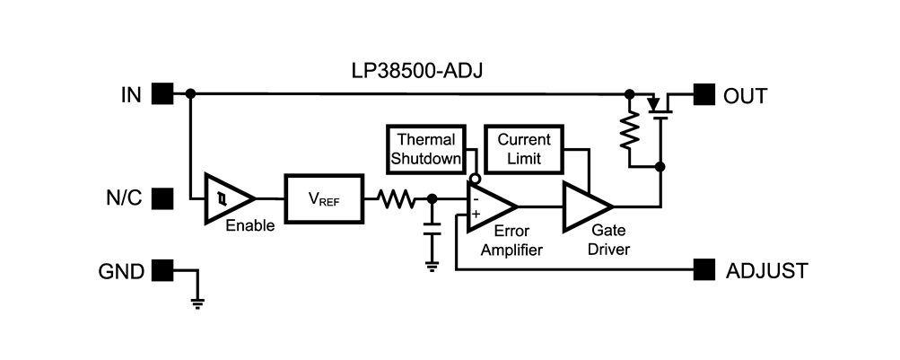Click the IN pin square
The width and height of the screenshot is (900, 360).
point(162,93)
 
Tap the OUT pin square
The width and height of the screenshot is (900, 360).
point(704,93)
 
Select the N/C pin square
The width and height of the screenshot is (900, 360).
point(162,198)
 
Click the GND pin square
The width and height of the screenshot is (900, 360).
point(162,268)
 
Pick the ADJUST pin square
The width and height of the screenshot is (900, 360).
point(704,268)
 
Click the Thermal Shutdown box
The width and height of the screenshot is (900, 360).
point(426,149)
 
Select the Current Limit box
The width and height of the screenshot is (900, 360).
point(523,149)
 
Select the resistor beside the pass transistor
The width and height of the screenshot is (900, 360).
point(631,134)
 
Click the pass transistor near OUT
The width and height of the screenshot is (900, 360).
point(660,105)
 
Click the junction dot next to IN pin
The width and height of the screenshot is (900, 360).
point(190,93)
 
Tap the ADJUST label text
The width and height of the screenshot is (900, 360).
point(766,269)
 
